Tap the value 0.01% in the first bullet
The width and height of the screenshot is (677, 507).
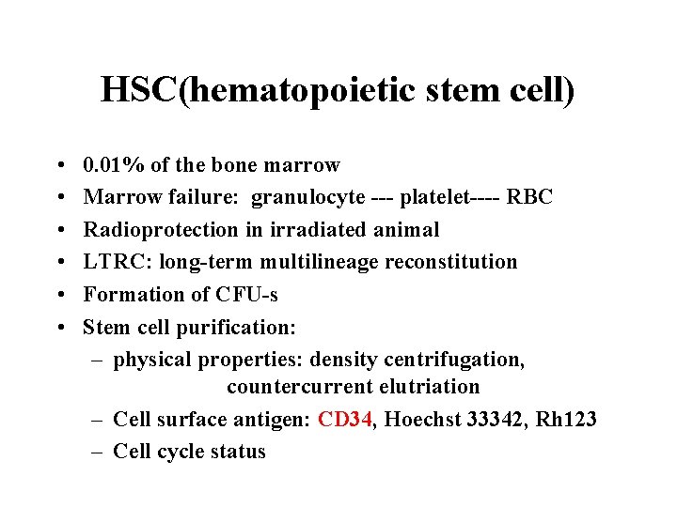[x=114, y=166]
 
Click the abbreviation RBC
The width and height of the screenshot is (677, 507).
[x=530, y=198]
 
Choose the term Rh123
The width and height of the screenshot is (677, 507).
[x=567, y=420]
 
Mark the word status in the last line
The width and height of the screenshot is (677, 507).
[x=239, y=452]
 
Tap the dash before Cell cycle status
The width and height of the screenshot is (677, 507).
[x=97, y=452]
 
